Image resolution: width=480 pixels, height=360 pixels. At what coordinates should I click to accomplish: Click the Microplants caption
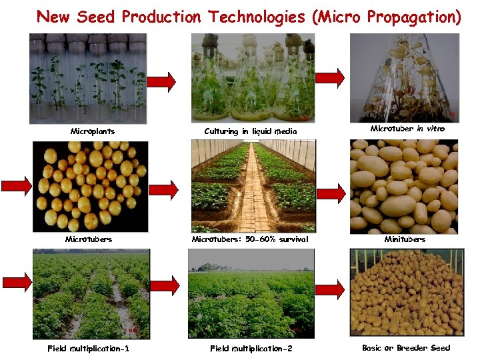tap(93, 131)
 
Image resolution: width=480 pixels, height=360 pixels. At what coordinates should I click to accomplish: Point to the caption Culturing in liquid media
tap(250, 131)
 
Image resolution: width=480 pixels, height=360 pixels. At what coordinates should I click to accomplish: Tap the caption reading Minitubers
tap(405, 239)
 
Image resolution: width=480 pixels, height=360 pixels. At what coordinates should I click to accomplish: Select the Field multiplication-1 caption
tap(89, 349)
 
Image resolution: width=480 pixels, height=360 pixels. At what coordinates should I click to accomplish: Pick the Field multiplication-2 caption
tap(251, 349)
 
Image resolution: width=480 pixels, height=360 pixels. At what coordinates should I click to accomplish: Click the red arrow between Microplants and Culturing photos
tap(161, 82)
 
